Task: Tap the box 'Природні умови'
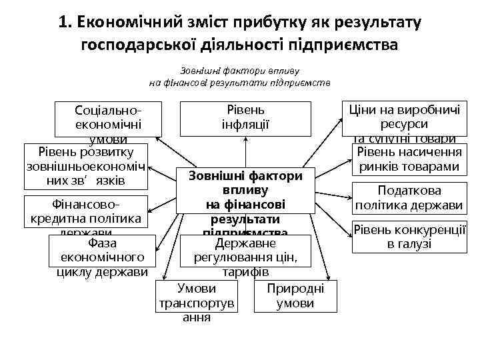tap(295, 295)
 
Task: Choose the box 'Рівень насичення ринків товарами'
tap(409, 159)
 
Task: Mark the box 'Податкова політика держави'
tap(409, 197)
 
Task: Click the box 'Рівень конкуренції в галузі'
tap(409, 237)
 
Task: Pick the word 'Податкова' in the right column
tap(409, 191)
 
